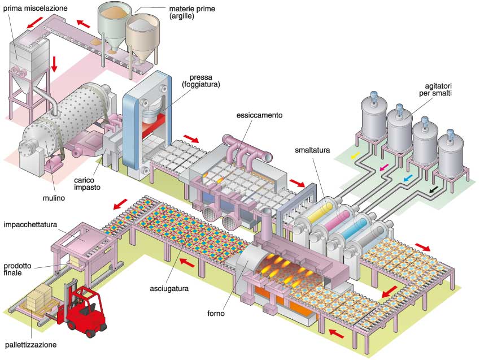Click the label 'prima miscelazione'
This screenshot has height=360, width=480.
[x=35, y=8]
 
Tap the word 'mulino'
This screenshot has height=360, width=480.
[x=54, y=198]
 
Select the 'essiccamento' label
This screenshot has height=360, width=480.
[x=259, y=115]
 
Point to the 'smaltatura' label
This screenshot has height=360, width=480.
[x=312, y=150]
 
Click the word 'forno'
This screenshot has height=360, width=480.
[x=216, y=314]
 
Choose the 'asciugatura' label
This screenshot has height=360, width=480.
[x=169, y=289]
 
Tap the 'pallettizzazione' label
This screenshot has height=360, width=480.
[x=30, y=345]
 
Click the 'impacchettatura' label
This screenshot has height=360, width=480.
[x=30, y=224]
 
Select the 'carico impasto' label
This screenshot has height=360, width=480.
[x=87, y=184]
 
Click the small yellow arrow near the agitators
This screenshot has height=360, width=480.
[x=355, y=155]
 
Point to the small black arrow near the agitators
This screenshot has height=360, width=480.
[x=434, y=190]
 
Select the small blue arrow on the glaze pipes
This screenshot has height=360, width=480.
[x=408, y=177]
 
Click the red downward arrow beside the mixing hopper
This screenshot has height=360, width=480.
[x=54, y=64]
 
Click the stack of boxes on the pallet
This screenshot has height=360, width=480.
[x=38, y=297]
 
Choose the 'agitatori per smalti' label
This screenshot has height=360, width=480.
[x=435, y=89]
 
